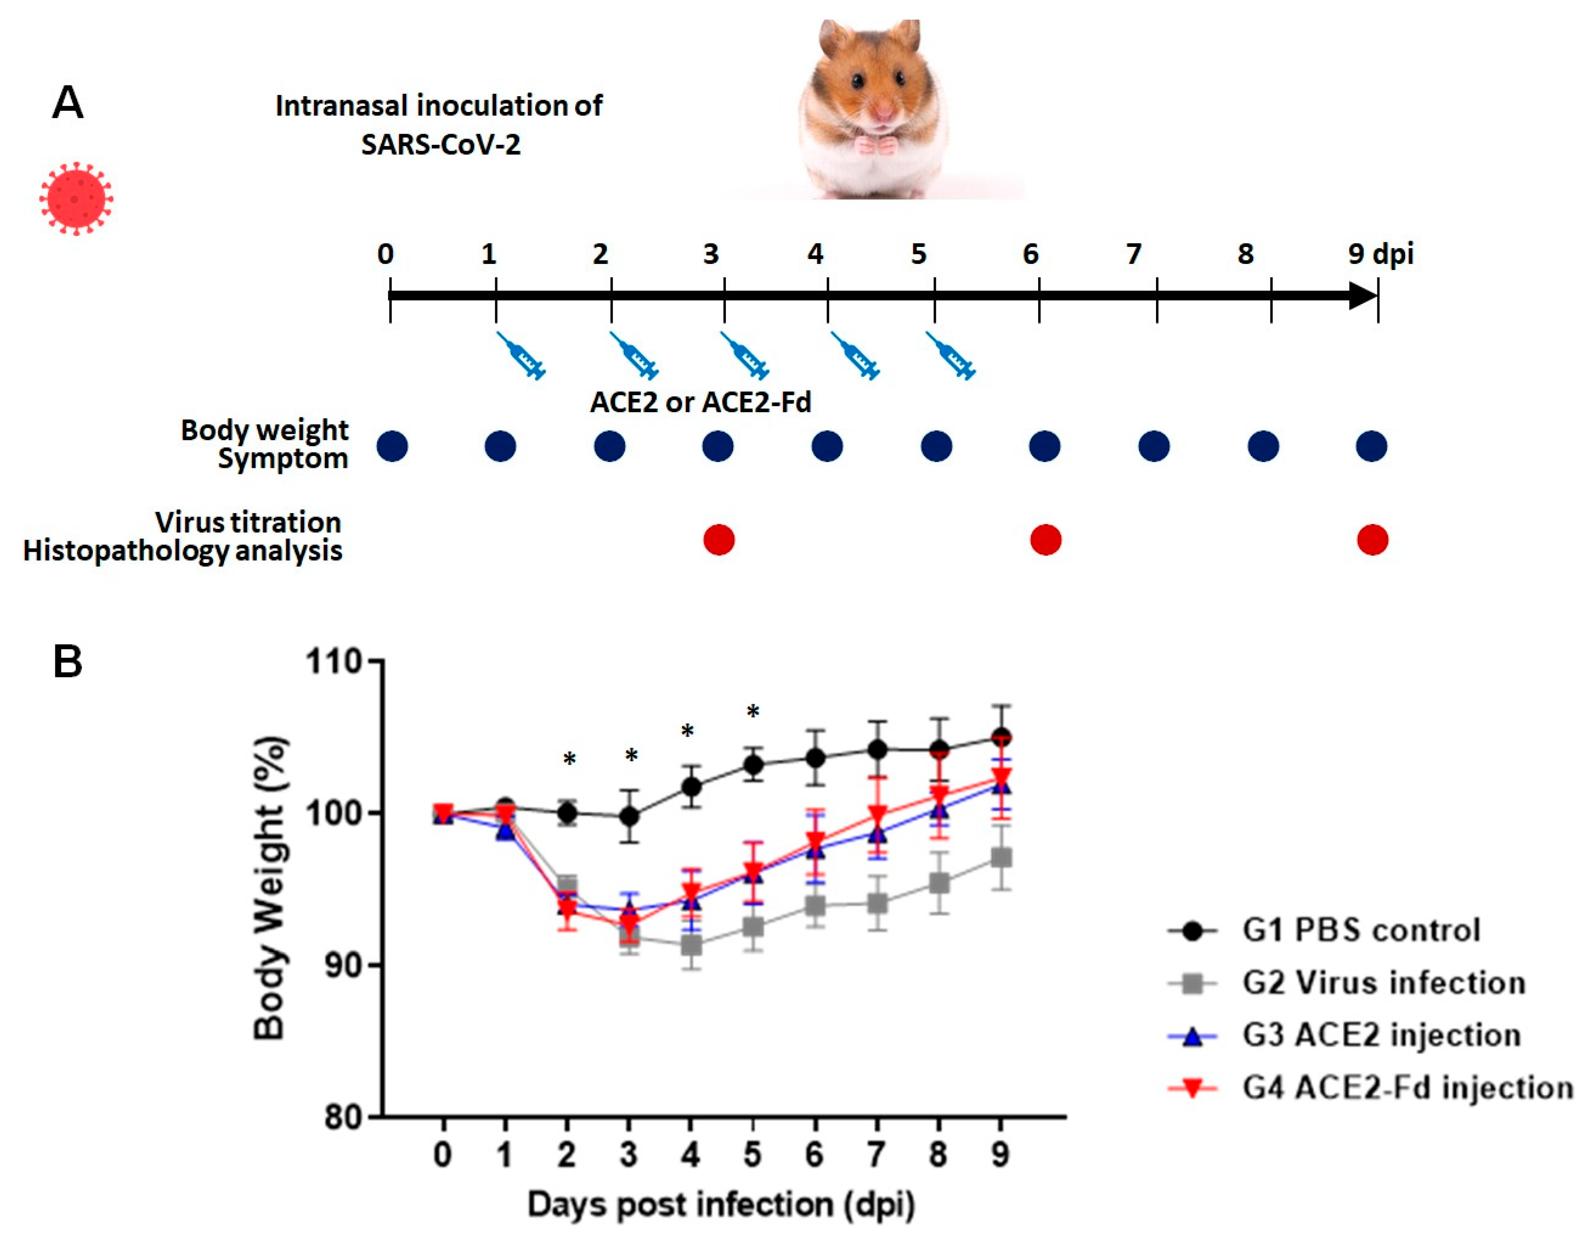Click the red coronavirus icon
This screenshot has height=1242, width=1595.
(x=76, y=198)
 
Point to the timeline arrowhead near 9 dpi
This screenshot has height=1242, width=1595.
(x=1363, y=296)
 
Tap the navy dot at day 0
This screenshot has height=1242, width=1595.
(x=392, y=446)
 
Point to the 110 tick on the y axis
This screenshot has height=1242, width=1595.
(x=376, y=661)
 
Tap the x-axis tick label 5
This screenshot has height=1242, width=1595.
(x=752, y=1154)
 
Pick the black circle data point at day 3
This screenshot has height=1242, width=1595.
(x=629, y=816)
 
